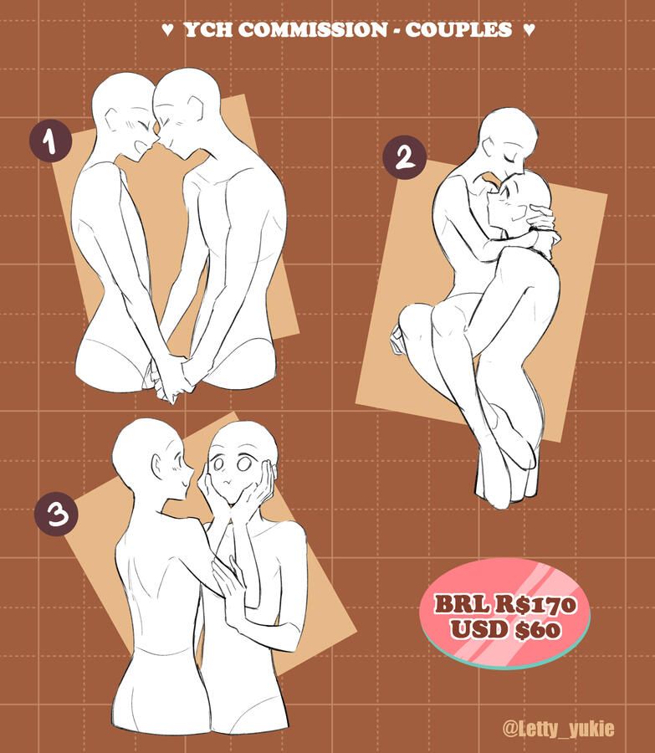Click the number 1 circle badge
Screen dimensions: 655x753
pyautogui.click(x=51, y=141)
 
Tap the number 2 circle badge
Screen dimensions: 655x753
pyautogui.click(x=405, y=157)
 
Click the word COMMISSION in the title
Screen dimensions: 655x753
pyautogui.click(x=313, y=30)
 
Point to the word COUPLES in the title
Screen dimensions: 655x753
pyautogui.click(x=458, y=30)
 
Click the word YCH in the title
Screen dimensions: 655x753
pyautogui.click(x=208, y=30)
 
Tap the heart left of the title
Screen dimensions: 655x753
pyautogui.click(x=167, y=30)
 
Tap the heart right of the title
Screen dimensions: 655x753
pyautogui.click(x=529, y=30)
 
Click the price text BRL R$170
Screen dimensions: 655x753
pyautogui.click(x=504, y=604)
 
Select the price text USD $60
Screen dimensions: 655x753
pyautogui.click(x=505, y=628)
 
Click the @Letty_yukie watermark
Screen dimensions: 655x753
pyautogui.click(x=559, y=728)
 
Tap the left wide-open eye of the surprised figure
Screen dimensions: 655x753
pyautogui.click(x=218, y=464)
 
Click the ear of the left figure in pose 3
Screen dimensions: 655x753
pyautogui.click(x=158, y=466)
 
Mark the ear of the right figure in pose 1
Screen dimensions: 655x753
pyautogui.click(x=197, y=108)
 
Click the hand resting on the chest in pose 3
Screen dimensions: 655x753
pyautogui.click(x=228, y=583)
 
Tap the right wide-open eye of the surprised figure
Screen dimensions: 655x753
pyautogui.click(x=244, y=464)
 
